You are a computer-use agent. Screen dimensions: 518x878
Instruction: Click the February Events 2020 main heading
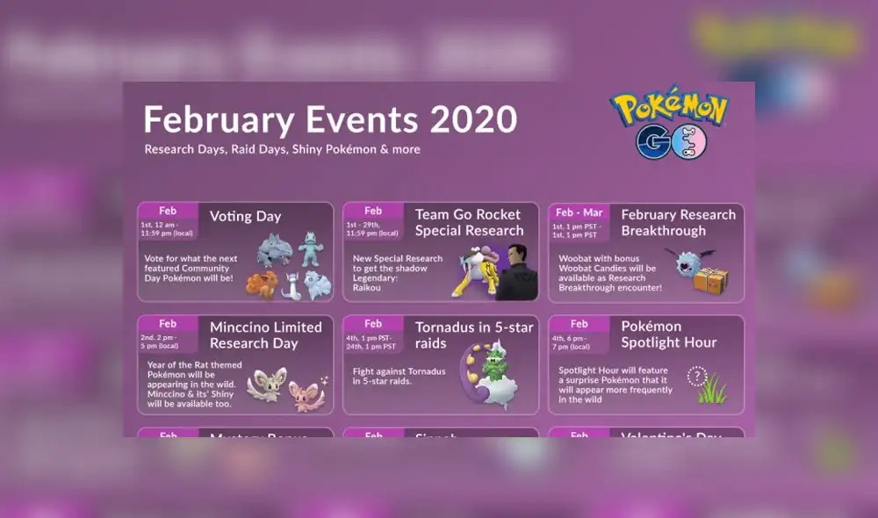tap(330, 119)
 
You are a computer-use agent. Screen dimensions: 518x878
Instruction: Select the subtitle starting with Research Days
tap(282, 149)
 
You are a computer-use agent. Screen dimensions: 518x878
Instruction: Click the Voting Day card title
tap(245, 216)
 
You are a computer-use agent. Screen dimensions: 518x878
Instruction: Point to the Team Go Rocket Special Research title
tap(467, 222)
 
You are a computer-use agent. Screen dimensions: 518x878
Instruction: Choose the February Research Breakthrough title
tap(678, 222)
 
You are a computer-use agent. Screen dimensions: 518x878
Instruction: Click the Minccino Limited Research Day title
tap(265, 335)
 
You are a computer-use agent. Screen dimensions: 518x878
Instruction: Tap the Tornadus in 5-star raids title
tap(473, 335)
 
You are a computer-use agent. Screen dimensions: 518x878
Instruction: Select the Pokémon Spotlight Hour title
tap(669, 335)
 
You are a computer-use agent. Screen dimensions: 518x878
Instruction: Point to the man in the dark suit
tap(518, 273)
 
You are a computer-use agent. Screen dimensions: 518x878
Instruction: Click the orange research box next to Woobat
tap(710, 279)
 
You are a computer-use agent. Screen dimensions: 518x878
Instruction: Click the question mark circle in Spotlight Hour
tap(697, 377)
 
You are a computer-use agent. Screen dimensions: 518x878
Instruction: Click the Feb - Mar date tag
tap(579, 211)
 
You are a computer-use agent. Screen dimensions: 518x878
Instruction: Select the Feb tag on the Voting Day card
tap(168, 211)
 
